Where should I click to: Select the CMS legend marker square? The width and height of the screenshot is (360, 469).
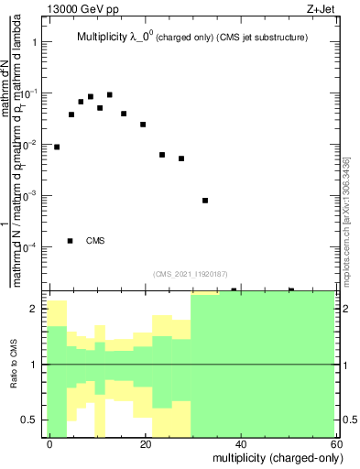click(x=71, y=241)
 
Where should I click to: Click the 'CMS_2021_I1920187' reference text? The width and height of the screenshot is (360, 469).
click(x=190, y=274)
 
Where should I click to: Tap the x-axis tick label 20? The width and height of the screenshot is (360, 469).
click(x=146, y=443)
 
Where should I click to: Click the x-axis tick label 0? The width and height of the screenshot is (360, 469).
click(x=50, y=443)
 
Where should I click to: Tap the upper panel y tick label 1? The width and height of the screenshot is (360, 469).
click(x=35, y=43)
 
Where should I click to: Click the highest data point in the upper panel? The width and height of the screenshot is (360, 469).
click(x=109, y=94)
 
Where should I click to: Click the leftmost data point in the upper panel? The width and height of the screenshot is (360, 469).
click(x=57, y=147)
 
